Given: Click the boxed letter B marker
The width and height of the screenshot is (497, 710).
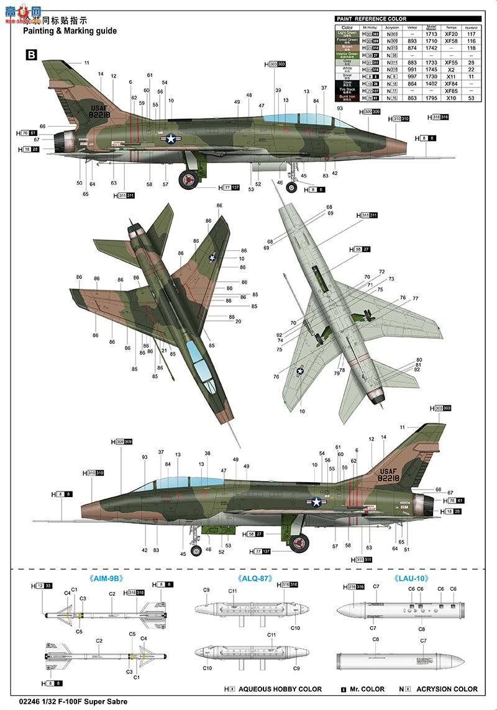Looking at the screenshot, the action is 31,55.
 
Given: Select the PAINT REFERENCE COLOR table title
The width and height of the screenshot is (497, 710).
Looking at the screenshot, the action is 372,19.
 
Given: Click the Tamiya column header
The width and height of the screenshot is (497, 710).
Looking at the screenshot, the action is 450,27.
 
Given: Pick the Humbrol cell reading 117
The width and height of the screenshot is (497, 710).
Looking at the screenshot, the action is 471,34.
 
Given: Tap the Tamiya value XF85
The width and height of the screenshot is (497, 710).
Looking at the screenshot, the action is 450,91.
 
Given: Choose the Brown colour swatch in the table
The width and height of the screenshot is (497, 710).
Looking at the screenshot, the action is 347,48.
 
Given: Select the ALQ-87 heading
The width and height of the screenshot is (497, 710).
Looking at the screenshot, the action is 253,578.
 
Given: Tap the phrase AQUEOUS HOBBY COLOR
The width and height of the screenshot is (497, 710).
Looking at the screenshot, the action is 280,689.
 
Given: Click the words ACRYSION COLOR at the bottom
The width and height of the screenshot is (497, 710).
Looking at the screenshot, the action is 447,689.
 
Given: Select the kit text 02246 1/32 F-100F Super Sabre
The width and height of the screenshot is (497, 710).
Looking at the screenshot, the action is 65,702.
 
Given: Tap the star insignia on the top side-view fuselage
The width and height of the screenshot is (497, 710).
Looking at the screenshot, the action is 170,139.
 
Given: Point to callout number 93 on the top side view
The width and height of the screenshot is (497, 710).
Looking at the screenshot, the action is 340,108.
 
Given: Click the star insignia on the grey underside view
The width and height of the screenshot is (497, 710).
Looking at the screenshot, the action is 300,371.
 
